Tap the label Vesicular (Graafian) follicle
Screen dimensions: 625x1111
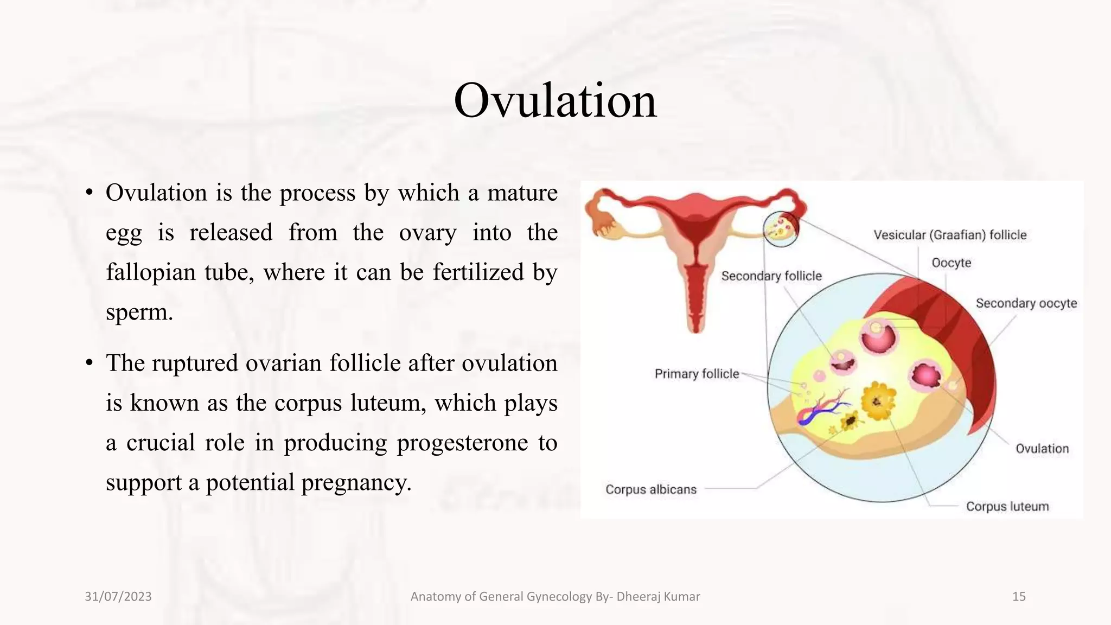950,235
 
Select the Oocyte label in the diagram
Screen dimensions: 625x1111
951,263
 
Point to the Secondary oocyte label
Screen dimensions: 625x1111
1026,303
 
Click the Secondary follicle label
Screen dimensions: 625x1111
771,276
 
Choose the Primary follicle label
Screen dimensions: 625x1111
697,374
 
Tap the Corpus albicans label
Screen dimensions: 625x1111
650,489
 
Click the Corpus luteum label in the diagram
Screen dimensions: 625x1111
1007,506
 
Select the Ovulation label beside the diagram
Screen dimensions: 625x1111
1042,449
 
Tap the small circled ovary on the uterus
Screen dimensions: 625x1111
781,228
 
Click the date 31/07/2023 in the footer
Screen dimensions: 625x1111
118,596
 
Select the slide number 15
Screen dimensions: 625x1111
1018,596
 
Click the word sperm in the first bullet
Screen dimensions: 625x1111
139,312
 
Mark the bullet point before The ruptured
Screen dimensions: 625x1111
90,363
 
